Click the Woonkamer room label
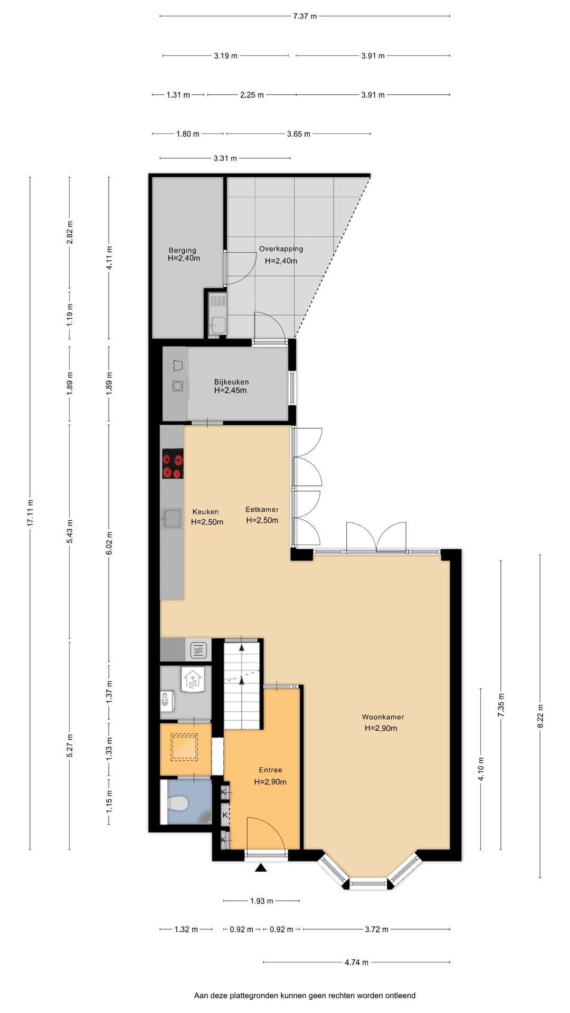383,717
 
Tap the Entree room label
270,770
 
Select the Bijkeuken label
231,382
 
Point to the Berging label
183,251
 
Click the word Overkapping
281,249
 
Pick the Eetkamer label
262,510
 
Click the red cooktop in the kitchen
173,463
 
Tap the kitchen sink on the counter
171,519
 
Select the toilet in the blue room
177,804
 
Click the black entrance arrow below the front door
261,868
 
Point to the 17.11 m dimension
30,512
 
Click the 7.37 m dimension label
305,16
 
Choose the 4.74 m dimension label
356,962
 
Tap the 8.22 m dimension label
540,716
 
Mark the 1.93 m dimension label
262,901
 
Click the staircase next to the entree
243,684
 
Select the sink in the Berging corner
217,314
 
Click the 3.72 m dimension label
377,930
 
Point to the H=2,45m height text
231,391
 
